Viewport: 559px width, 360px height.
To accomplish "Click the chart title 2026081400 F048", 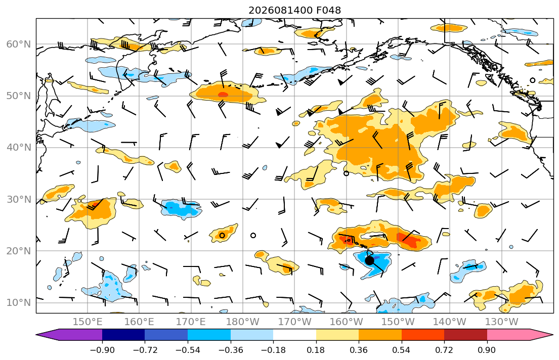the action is pos(294,10).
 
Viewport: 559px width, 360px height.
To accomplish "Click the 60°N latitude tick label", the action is pos(19,44).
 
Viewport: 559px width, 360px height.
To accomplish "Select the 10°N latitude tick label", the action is pos(19,303).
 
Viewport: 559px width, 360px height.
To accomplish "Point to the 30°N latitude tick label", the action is pos(19,199).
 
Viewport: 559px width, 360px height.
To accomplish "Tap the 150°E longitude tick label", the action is pos(88,322).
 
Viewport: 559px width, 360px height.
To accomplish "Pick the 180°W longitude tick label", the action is pos(243,322).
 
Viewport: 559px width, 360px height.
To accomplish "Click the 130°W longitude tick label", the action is pos(502,322).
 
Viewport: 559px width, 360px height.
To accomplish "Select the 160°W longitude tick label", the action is pos(346,322).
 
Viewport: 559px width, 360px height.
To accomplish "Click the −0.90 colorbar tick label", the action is pos(102,350).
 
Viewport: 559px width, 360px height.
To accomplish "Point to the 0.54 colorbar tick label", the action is pos(402,350).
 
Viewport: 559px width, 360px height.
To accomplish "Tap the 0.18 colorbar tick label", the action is pos(316,350).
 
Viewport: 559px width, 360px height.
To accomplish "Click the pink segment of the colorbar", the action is pos(509,335).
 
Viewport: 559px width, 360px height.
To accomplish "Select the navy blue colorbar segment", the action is pos(123,335).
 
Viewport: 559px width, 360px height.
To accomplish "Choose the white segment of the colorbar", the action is pos(294,335).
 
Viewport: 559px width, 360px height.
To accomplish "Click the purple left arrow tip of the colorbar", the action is pos(37,335).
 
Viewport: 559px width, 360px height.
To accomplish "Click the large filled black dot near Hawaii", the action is pos(369,260).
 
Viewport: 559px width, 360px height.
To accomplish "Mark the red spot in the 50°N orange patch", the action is pos(223,95).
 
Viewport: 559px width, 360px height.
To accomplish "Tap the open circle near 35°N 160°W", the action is pos(346,173).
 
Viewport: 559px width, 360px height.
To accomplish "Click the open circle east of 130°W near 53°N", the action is pos(533,80).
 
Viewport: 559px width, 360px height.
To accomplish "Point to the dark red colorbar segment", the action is pos(465,335).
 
